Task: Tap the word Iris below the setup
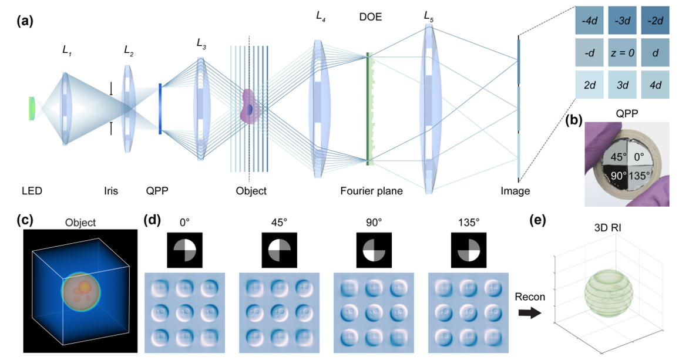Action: [110, 191]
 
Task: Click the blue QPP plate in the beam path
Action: [160, 109]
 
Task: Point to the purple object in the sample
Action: [250, 107]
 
